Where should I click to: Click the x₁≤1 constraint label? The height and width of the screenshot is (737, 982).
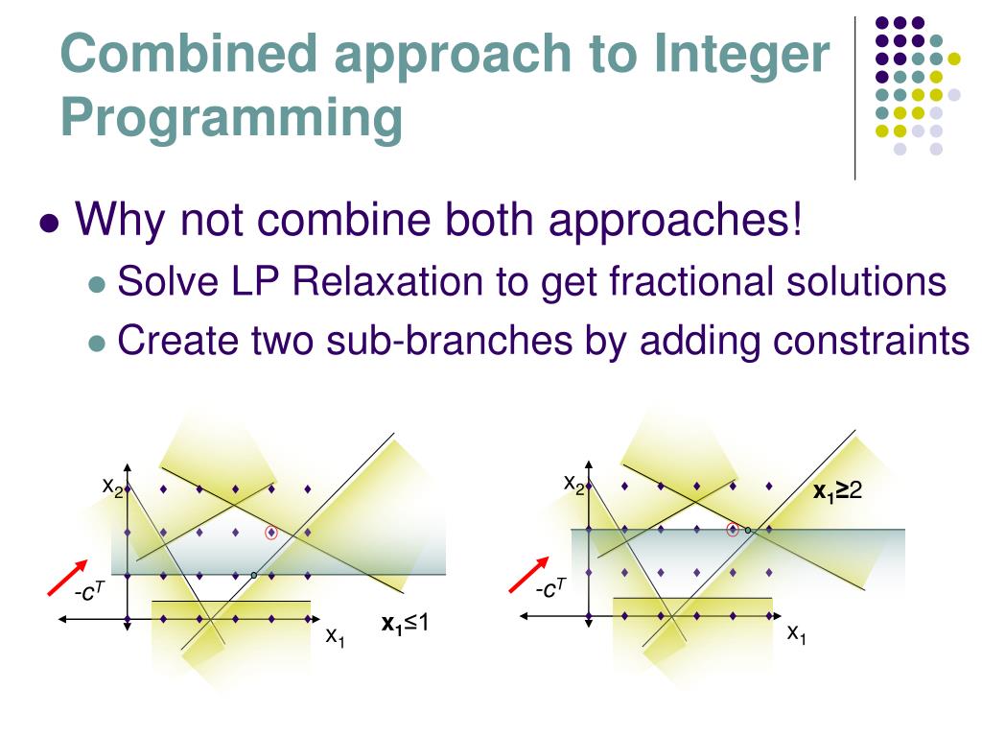pyautogui.click(x=405, y=624)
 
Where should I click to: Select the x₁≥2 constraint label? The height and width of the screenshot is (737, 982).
pyautogui.click(x=838, y=492)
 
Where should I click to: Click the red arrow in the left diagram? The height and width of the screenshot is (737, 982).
pyautogui.click(x=68, y=578)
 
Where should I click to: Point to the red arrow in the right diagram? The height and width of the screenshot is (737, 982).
pyautogui.click(x=528, y=575)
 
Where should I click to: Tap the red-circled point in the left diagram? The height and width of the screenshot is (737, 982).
pyautogui.click(x=271, y=532)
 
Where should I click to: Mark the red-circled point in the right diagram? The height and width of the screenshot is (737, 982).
pyautogui.click(x=733, y=528)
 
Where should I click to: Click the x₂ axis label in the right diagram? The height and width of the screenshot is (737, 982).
pyautogui.click(x=573, y=483)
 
